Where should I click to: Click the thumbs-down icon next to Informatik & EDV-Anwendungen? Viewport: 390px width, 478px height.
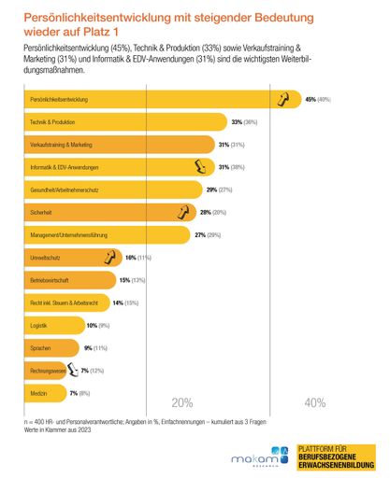point(198,167)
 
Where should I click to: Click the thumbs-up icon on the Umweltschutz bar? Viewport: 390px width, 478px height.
point(109,257)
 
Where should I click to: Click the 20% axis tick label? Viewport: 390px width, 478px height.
point(181,404)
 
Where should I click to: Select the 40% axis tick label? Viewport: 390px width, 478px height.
point(315,404)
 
